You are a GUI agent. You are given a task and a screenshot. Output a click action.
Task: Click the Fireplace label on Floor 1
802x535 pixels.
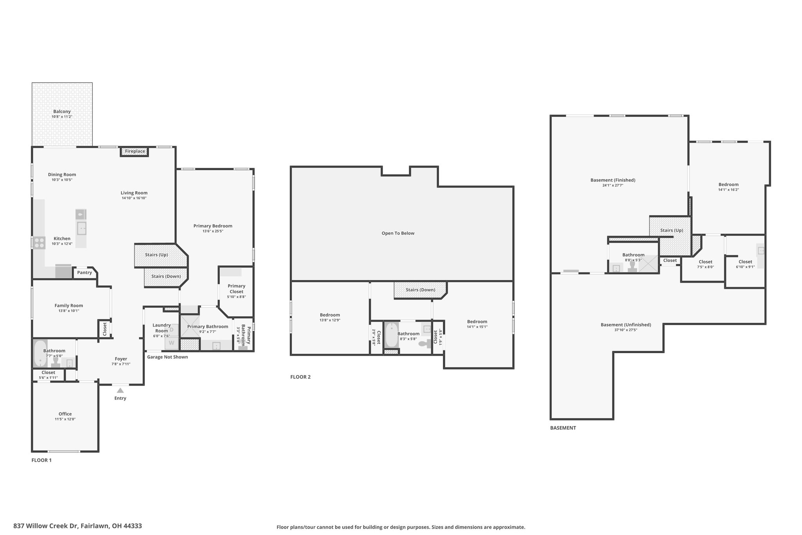coord(135,151)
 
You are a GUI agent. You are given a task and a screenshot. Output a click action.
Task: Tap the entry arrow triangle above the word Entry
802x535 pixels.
coord(120,390)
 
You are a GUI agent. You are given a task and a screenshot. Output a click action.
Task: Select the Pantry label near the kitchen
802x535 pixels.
coord(85,272)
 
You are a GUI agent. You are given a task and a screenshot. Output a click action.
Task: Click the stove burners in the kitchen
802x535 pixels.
coord(39,243)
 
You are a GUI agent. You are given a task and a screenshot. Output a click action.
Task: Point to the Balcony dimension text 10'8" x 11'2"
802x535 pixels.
coord(62,117)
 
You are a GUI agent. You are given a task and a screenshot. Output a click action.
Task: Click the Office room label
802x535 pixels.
coord(65,414)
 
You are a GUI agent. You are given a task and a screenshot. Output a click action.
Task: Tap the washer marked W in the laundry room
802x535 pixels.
coord(171,343)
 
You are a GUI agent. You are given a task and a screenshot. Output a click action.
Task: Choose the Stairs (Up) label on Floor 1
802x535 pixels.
coord(156,255)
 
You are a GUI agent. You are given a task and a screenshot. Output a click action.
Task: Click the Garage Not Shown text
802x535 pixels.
coord(168,357)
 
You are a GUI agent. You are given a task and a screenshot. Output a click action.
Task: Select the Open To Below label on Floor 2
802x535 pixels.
coord(398,233)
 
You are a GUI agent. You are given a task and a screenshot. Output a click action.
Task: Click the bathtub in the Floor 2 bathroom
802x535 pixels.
coord(392,335)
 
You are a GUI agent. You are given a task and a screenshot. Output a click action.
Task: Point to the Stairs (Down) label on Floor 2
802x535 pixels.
coord(421,290)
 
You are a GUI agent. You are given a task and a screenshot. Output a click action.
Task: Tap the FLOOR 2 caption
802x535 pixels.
coord(300,377)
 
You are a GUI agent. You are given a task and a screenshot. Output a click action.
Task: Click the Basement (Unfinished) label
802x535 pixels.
coord(626,325)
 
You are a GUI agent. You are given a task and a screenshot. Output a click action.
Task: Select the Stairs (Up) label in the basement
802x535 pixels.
coord(672,230)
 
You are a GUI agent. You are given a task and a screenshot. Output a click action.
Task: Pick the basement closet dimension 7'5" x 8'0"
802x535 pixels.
coord(705,267)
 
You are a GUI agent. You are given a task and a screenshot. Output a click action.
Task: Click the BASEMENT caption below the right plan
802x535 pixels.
coord(563,428)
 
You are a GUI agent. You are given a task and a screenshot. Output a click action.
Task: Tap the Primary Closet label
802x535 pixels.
coord(237,289)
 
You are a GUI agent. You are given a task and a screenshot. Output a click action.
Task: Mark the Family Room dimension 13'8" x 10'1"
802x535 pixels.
coord(69,311)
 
